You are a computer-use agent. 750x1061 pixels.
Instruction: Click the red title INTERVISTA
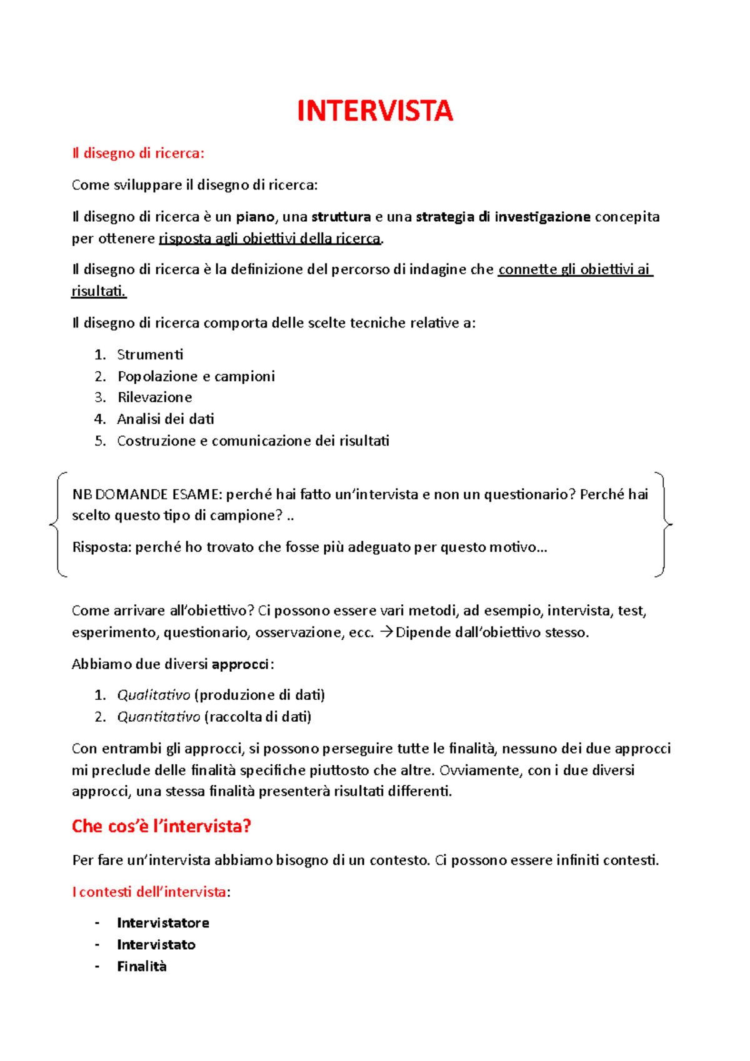[x=374, y=111]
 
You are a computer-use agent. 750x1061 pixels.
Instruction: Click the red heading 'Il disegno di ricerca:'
[x=138, y=153]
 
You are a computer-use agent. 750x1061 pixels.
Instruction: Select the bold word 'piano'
[x=255, y=217]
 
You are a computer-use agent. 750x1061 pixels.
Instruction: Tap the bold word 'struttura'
[x=341, y=217]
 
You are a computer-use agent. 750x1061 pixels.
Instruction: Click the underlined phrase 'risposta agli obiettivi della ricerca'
[x=270, y=239]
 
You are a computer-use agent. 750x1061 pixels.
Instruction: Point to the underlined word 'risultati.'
[x=99, y=291]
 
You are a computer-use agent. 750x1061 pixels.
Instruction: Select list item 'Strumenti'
[x=150, y=355]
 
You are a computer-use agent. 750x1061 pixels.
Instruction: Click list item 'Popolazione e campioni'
[x=196, y=376]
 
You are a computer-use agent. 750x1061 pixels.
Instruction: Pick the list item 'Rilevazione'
[x=154, y=397]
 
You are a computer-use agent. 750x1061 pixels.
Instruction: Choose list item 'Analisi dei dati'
[x=166, y=419]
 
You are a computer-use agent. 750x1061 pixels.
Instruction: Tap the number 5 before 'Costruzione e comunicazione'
[x=100, y=441]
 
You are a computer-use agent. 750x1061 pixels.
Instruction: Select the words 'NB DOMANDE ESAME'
[x=146, y=495]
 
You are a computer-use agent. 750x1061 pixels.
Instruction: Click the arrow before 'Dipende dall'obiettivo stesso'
[x=386, y=632]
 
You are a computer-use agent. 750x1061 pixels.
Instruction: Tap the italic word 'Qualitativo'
[x=153, y=695]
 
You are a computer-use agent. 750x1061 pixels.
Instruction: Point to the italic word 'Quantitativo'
[x=158, y=717]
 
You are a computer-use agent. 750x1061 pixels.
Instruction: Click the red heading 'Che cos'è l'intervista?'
[x=161, y=826]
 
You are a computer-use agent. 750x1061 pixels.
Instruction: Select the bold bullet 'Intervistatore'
[x=162, y=923]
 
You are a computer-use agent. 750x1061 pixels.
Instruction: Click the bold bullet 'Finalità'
[x=142, y=967]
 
